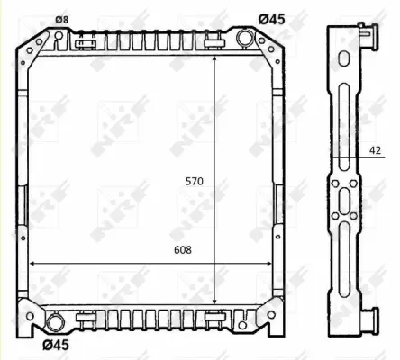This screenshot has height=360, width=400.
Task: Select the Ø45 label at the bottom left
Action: pos(56,343)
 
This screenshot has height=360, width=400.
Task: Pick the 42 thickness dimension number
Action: pos(375,152)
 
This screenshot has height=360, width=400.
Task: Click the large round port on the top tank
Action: pos(245,38)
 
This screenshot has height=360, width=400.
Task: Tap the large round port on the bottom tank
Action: pos(55,319)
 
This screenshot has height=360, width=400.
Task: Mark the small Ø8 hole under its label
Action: pos(59,36)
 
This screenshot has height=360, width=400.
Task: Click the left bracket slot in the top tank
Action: pos(86,41)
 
